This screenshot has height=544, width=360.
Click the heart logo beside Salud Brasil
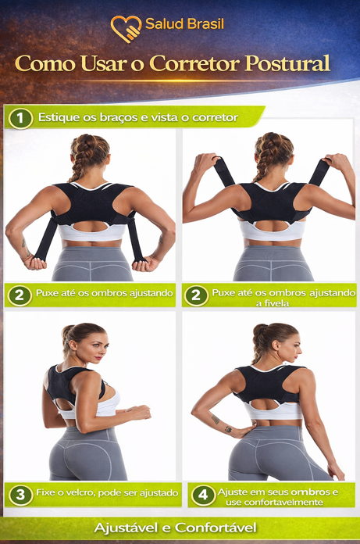click(126, 28)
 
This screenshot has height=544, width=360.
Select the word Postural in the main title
click(287, 63)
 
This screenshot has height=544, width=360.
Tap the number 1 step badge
click(20, 118)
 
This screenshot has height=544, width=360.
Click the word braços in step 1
click(119, 117)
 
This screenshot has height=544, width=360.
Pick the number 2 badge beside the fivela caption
click(196, 295)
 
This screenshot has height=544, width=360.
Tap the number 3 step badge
click(20, 495)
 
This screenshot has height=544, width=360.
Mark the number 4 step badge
click(203, 495)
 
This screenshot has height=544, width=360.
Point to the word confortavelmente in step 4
click(274, 502)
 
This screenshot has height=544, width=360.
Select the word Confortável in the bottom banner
click(216, 528)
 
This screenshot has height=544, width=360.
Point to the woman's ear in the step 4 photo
click(275, 345)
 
